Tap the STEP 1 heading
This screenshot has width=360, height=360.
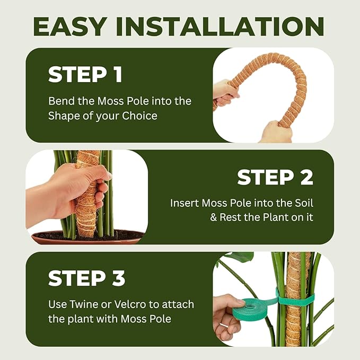point(85,75)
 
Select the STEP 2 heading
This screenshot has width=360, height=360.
point(275,177)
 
